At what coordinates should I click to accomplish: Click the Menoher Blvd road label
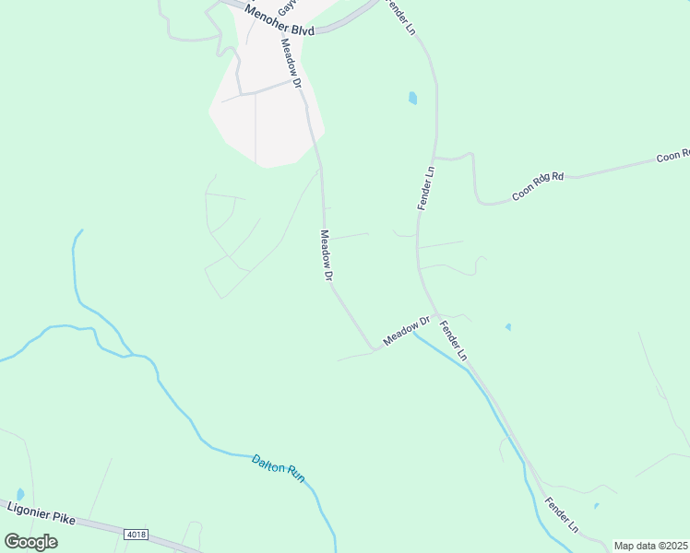coord(280,19)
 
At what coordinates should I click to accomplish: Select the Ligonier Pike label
coord(40,512)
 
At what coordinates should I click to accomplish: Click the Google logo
coord(30,541)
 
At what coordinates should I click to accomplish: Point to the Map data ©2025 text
coord(650,546)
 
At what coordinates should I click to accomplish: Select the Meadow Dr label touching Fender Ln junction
coord(407,331)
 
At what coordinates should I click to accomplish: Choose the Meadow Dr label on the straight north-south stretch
coord(326,255)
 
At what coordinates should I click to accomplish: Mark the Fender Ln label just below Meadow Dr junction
coord(454,340)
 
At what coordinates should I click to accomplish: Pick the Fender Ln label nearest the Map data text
coord(561,516)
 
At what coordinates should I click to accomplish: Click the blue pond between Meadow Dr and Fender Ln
coord(412,98)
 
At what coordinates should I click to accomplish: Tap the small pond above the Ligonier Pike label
coord(20,495)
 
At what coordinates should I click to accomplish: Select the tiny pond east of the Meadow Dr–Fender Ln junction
coord(508,326)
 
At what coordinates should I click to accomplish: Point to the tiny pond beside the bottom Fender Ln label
coord(596,505)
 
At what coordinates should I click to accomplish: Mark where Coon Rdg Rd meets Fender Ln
coord(435,159)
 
